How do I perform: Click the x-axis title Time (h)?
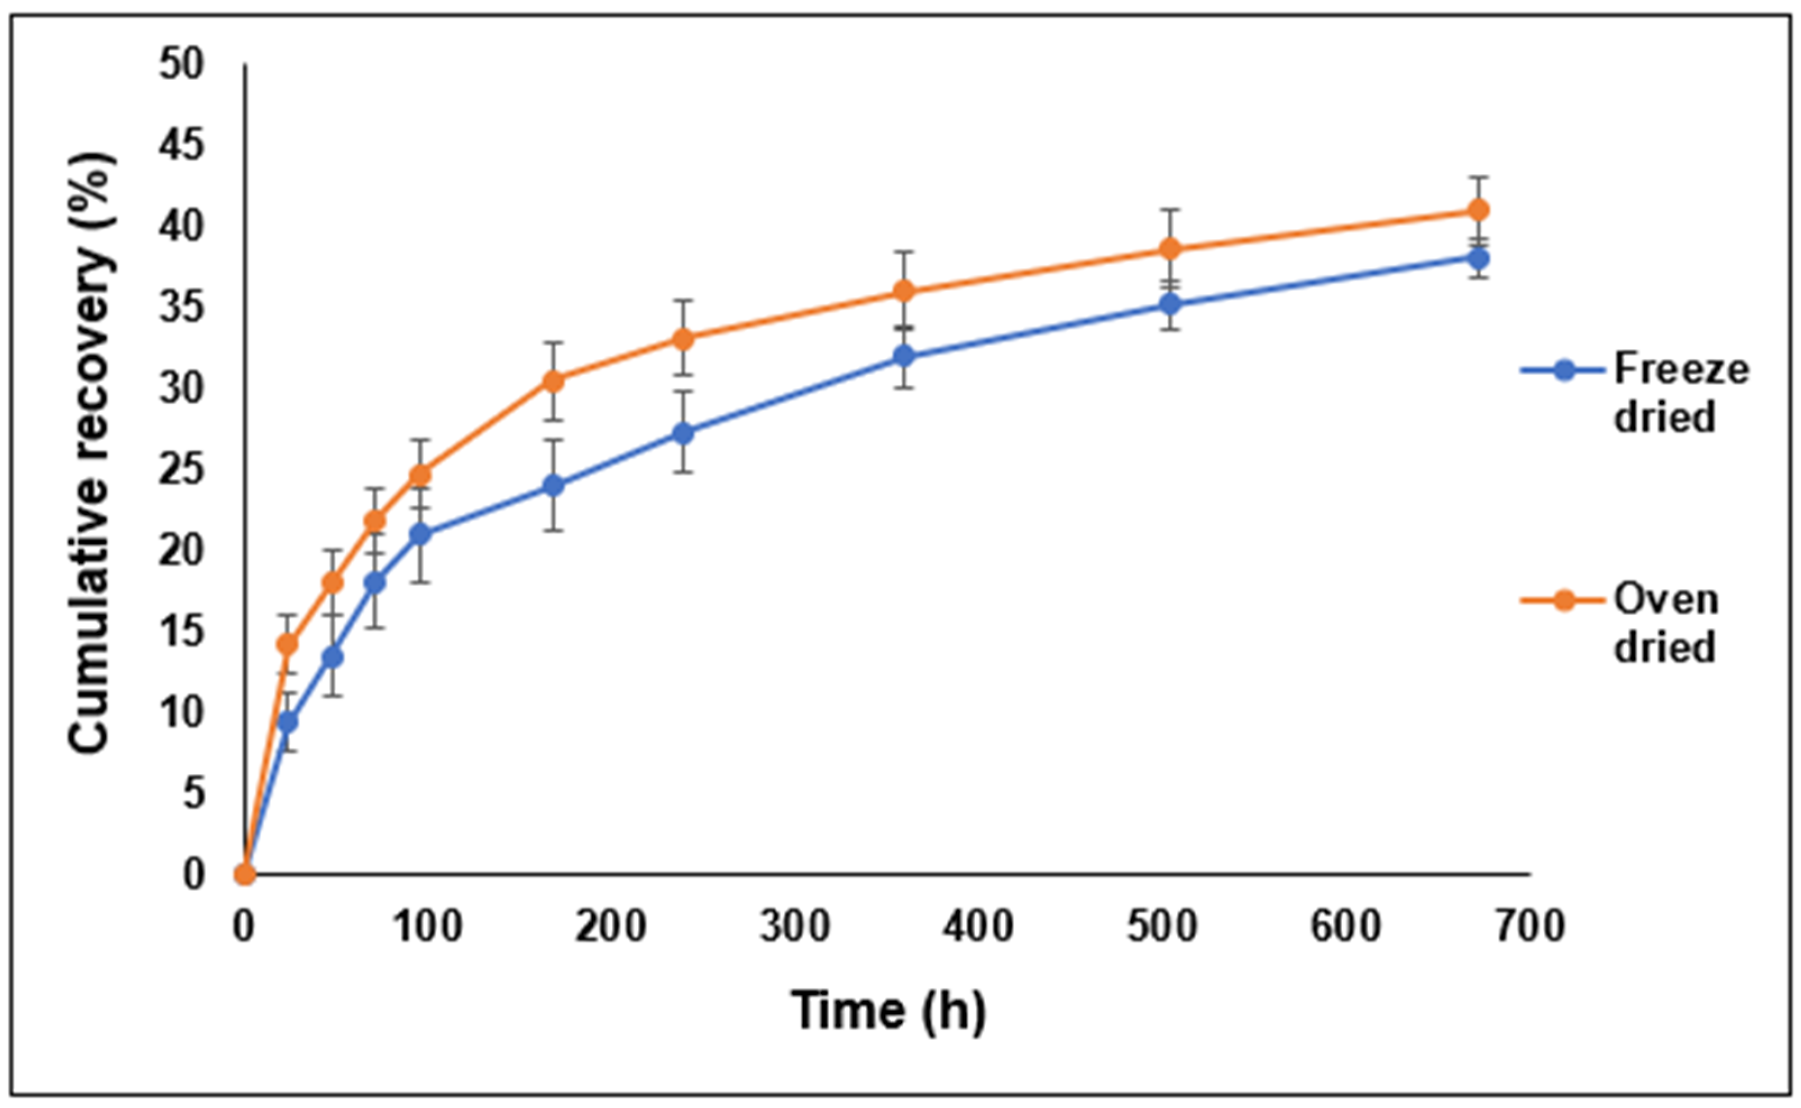coord(888,1010)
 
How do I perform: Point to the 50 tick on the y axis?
coord(180,64)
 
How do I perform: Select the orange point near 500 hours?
coord(1171,249)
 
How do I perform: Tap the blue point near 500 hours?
coord(1171,303)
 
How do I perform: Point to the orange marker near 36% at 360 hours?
coord(906,291)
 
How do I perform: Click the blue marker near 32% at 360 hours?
coord(906,356)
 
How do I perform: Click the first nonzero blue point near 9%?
coord(288,722)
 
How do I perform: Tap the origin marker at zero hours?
coord(245,874)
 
